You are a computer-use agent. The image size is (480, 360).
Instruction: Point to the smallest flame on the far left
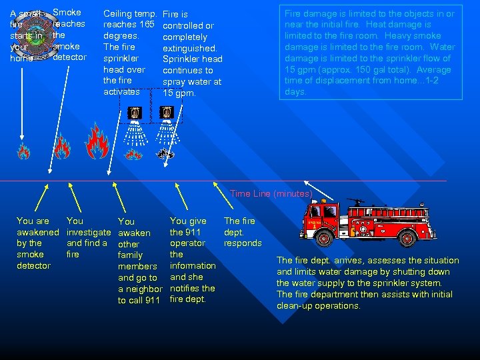click(23, 151)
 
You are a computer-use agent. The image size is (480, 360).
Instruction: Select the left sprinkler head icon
click(135, 114)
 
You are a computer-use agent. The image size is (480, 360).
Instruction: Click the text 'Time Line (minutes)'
click(271, 193)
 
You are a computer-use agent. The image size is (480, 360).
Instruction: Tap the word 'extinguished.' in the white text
click(190, 48)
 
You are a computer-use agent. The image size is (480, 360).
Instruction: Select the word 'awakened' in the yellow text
click(38, 232)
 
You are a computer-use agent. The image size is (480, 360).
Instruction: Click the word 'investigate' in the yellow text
click(89, 232)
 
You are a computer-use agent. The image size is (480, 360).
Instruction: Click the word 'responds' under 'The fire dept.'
click(243, 243)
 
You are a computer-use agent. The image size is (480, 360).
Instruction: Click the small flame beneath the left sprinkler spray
click(134, 155)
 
